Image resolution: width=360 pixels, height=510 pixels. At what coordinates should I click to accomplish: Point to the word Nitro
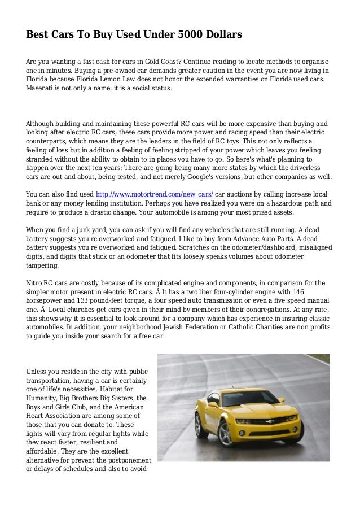tap(36, 283)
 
